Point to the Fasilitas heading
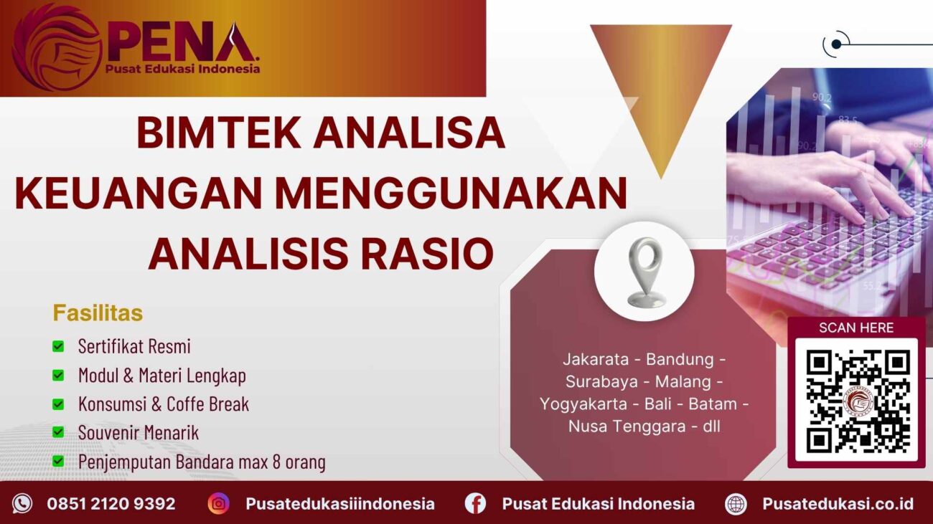98,313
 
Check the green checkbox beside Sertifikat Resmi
58,347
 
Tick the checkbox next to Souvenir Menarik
58,433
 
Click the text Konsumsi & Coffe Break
164,404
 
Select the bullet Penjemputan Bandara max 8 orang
202,462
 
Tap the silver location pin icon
644,272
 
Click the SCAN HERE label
856,328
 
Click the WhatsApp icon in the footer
22,503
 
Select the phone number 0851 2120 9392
111,504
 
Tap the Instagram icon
219,503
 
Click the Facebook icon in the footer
475,503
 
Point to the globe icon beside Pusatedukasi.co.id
736,503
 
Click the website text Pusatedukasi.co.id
838,504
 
